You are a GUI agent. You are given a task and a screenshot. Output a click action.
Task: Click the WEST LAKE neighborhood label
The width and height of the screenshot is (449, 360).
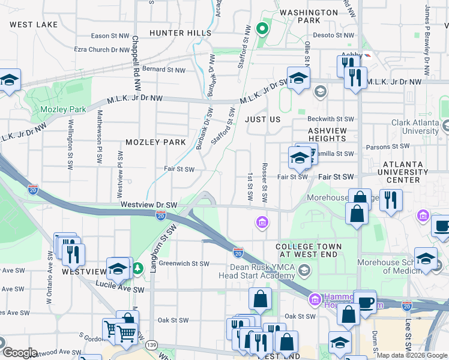(x=34, y=25)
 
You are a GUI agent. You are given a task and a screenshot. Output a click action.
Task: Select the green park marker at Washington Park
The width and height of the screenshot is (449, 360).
(x=261, y=28)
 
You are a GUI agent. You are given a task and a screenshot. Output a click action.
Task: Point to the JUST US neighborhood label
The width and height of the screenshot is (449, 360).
(x=263, y=119)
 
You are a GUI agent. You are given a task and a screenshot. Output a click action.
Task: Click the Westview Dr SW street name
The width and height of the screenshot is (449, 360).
(x=149, y=205)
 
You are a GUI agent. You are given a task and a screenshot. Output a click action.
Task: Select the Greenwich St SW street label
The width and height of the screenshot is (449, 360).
(x=179, y=263)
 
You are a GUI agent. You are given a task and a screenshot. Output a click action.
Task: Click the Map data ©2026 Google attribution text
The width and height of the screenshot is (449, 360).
(x=412, y=355)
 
